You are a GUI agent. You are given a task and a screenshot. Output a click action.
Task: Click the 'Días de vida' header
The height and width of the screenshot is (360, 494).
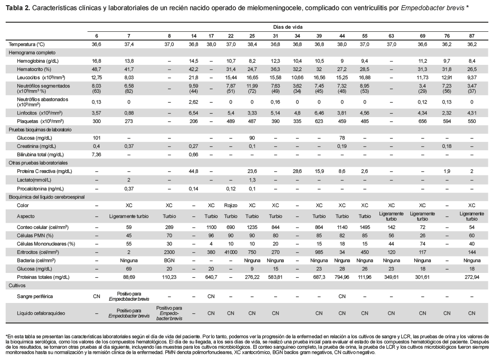(x=288, y=27)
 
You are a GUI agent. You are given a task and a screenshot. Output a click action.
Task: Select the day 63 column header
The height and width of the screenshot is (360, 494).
(x=391, y=36)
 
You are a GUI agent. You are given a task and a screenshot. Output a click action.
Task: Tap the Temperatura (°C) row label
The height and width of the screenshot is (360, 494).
(x=27, y=44)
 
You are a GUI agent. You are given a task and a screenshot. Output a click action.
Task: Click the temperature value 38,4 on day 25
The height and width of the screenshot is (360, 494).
(x=252, y=44)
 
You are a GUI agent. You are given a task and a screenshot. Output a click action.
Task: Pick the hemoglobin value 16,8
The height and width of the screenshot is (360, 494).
(x=96, y=61)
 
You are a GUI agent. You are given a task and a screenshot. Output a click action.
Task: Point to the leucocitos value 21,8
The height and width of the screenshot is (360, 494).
(x=193, y=77)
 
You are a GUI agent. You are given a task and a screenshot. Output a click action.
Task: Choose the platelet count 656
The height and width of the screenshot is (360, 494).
(x=423, y=121)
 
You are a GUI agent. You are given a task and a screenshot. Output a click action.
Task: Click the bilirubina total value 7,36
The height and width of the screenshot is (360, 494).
(x=96, y=155)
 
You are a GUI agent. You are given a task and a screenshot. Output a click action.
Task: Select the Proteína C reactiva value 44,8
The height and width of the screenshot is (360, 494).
(x=193, y=171)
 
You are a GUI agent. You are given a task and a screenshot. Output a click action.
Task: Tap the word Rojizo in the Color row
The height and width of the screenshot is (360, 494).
(x=231, y=205)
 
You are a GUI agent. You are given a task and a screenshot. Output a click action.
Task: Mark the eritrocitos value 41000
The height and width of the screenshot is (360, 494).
(x=231, y=252)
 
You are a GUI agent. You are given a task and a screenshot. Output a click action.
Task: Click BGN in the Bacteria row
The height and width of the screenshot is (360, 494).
(x=169, y=260)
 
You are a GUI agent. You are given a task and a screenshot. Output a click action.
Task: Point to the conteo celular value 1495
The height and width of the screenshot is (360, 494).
(x=364, y=227)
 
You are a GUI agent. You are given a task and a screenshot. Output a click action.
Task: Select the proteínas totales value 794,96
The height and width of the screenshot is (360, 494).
(x=342, y=277)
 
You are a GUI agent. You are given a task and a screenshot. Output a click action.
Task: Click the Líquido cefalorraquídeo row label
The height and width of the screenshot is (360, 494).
(x=41, y=313)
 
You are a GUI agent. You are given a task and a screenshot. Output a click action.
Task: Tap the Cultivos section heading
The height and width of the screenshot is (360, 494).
(x=17, y=286)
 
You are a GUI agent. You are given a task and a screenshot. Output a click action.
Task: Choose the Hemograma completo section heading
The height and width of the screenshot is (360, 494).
(x=32, y=53)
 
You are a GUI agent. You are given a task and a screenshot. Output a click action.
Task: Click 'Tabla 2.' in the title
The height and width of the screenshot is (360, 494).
(x=18, y=7)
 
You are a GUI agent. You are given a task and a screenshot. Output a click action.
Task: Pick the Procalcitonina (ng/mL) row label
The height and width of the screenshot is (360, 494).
(x=40, y=189)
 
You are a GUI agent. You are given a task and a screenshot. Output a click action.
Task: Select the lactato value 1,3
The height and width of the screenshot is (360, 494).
(x=252, y=180)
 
